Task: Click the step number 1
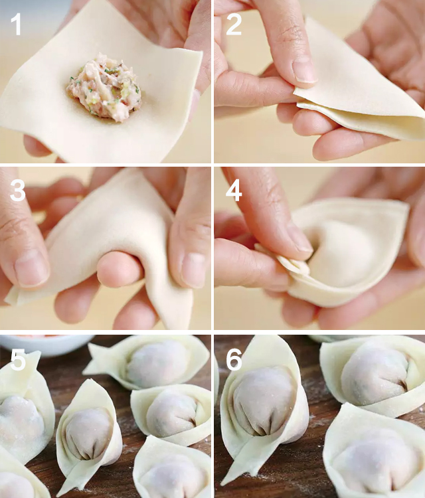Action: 16,24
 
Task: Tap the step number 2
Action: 234,24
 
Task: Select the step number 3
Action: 17,191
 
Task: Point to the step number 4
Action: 234,191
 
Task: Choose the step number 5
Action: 18,359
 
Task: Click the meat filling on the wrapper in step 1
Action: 104,88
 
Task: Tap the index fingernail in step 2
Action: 303,70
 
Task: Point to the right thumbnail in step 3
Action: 193,270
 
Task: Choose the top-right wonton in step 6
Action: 373,376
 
